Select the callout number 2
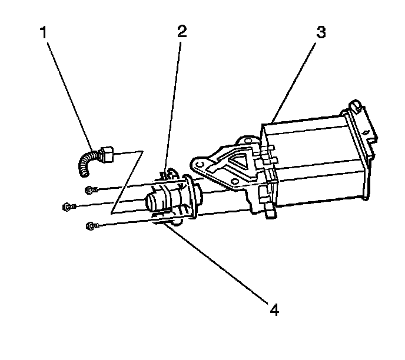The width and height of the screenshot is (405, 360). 182,31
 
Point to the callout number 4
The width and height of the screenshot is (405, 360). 273,308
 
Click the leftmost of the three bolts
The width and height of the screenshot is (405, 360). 68,206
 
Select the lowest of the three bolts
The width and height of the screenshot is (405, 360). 90,225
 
